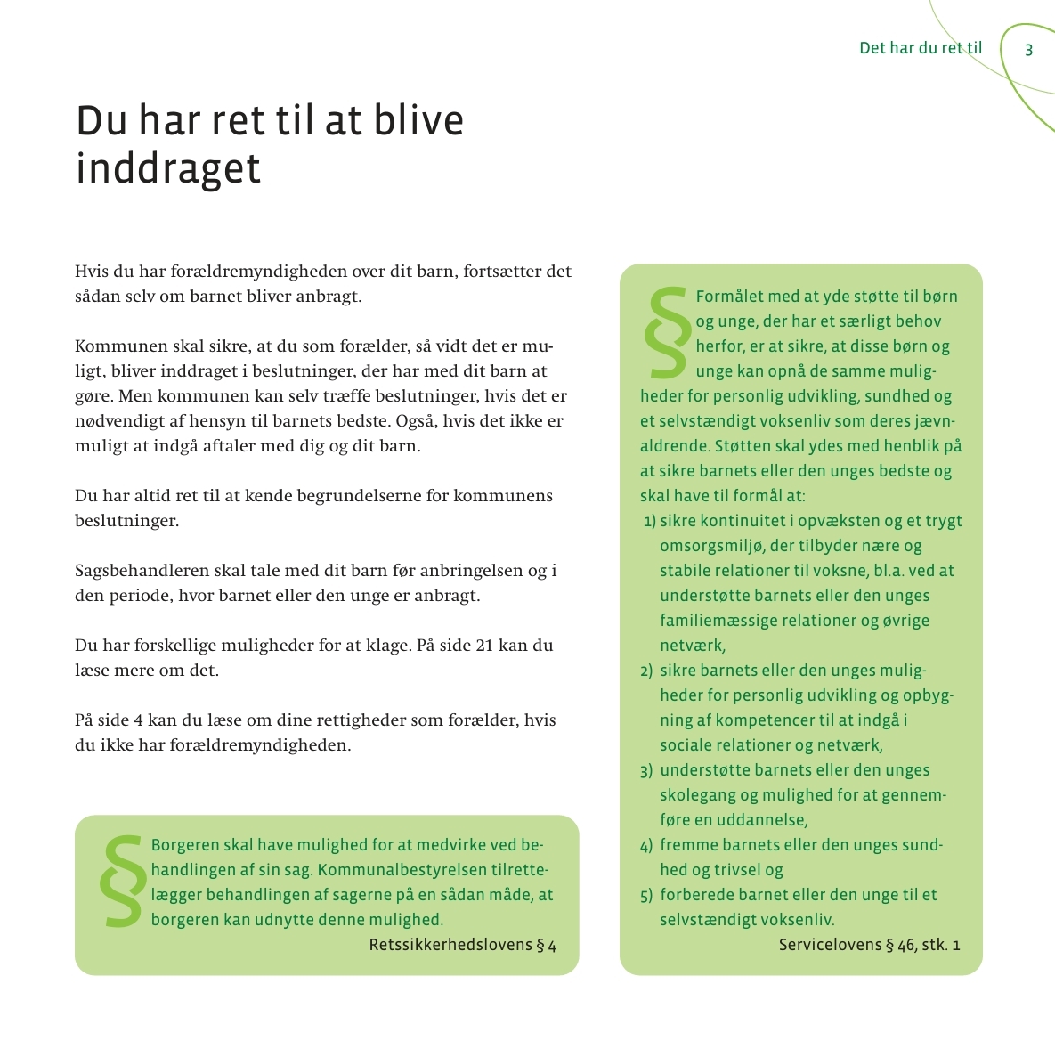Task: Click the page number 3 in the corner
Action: (x=1028, y=50)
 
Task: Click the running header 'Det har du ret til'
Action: (x=921, y=48)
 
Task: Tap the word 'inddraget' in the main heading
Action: (x=168, y=169)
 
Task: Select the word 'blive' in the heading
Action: (x=418, y=121)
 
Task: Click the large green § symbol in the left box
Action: (x=121, y=881)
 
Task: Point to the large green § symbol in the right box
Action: (x=666, y=331)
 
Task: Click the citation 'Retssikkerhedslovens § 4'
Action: (x=462, y=945)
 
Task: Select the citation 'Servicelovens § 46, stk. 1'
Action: (x=869, y=945)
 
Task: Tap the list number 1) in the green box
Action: (x=649, y=521)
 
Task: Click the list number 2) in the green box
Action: (x=646, y=671)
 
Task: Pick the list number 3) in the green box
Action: (x=646, y=770)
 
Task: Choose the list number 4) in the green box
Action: (x=646, y=845)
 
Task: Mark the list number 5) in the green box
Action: (x=646, y=895)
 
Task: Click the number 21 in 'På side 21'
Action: (x=483, y=645)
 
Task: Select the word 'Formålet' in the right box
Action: (x=729, y=297)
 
